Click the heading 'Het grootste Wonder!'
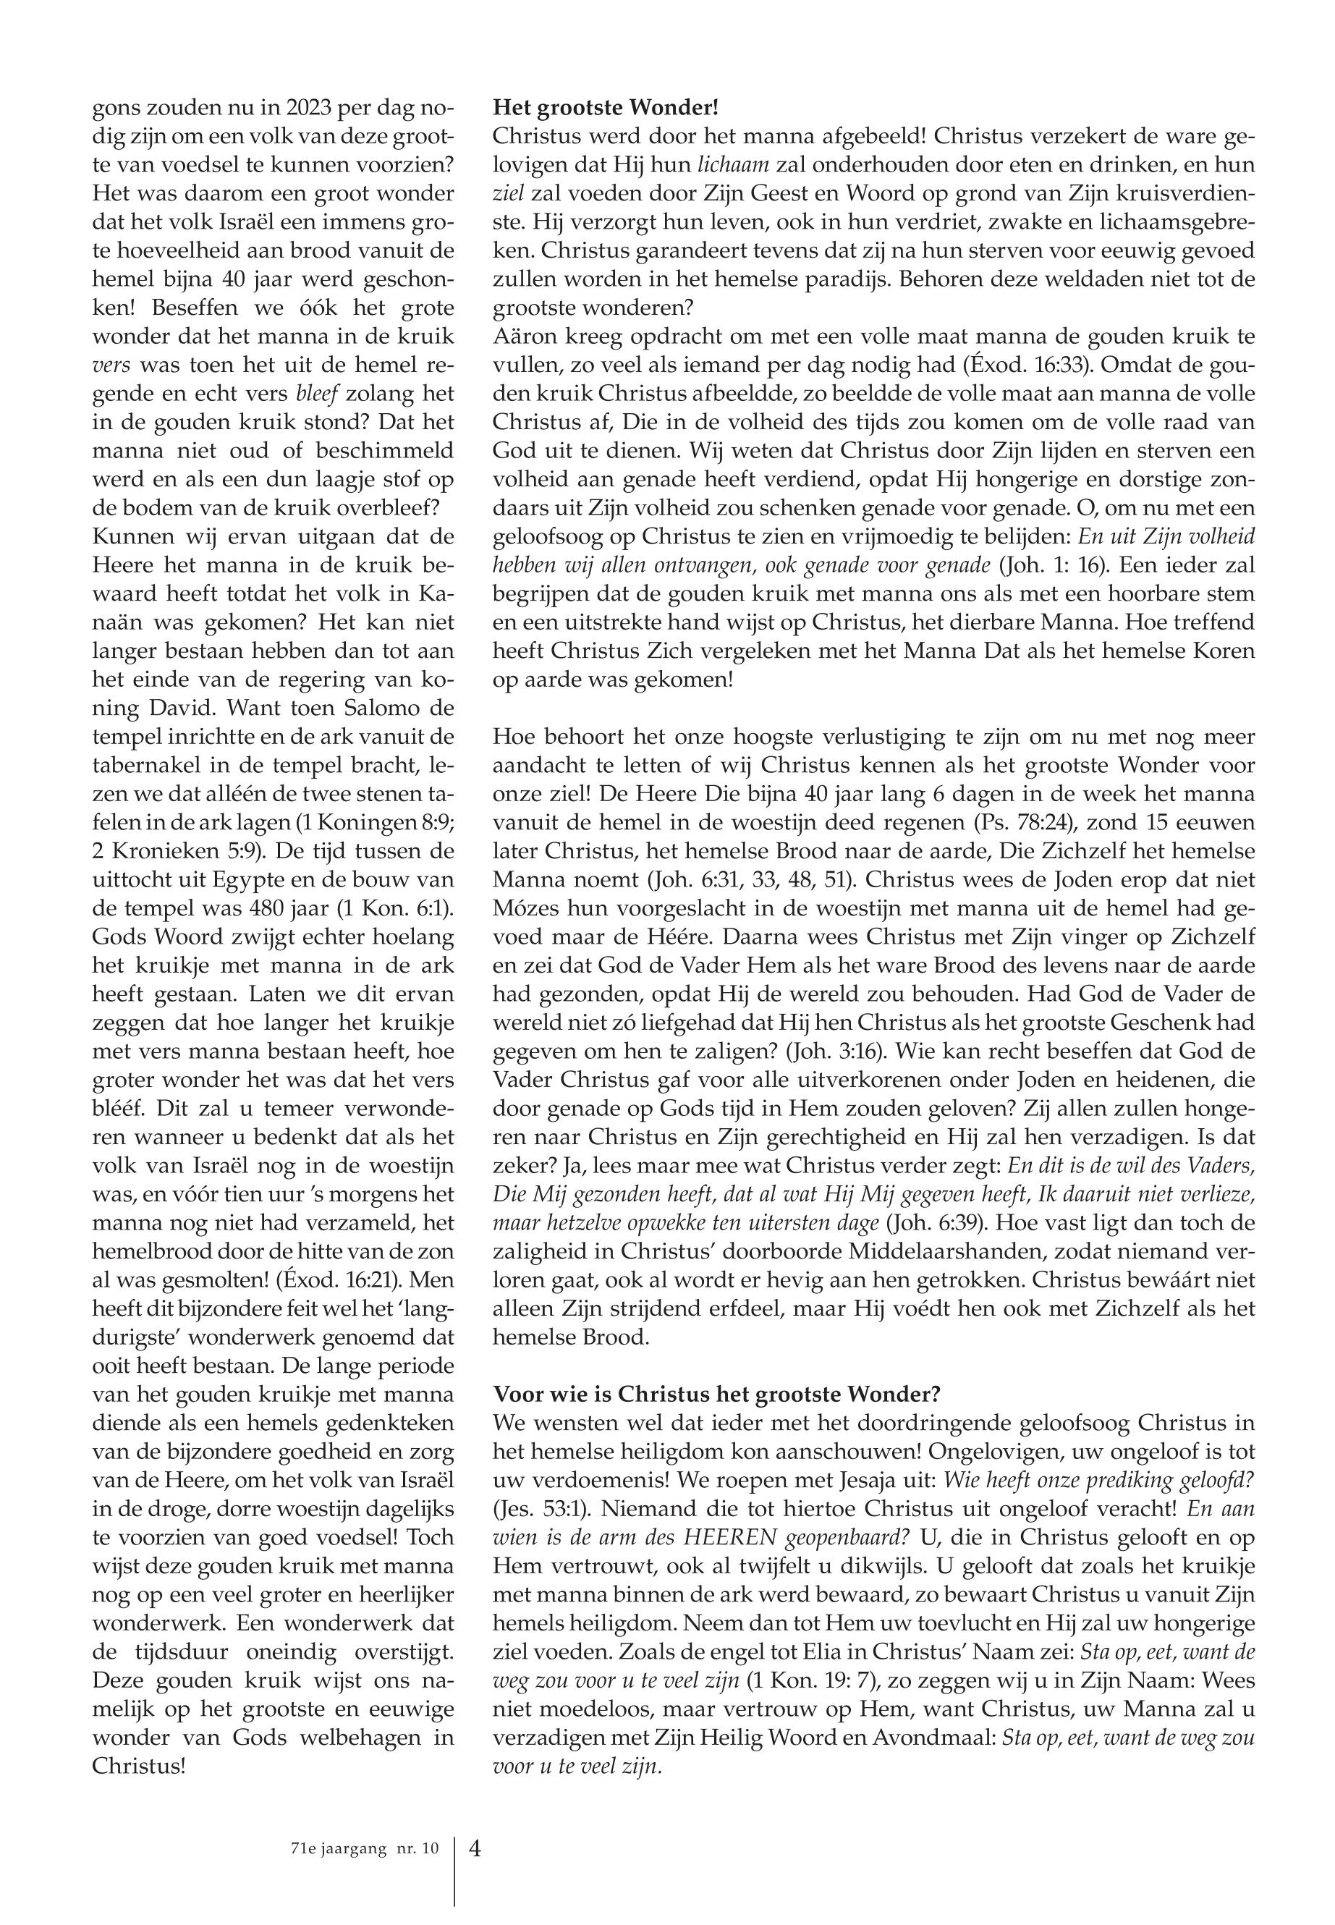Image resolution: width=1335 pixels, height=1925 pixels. tap(606, 108)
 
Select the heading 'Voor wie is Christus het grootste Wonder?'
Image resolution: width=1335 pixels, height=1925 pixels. tap(717, 1394)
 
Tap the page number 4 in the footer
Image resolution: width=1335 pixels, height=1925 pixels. tap(475, 1847)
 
